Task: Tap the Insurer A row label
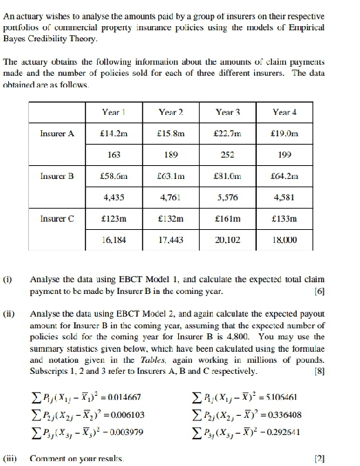coord(57,134)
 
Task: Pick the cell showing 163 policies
coord(111,155)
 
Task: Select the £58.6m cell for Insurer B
coord(112,176)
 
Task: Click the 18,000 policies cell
coord(285,240)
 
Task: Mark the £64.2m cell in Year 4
coord(285,176)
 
